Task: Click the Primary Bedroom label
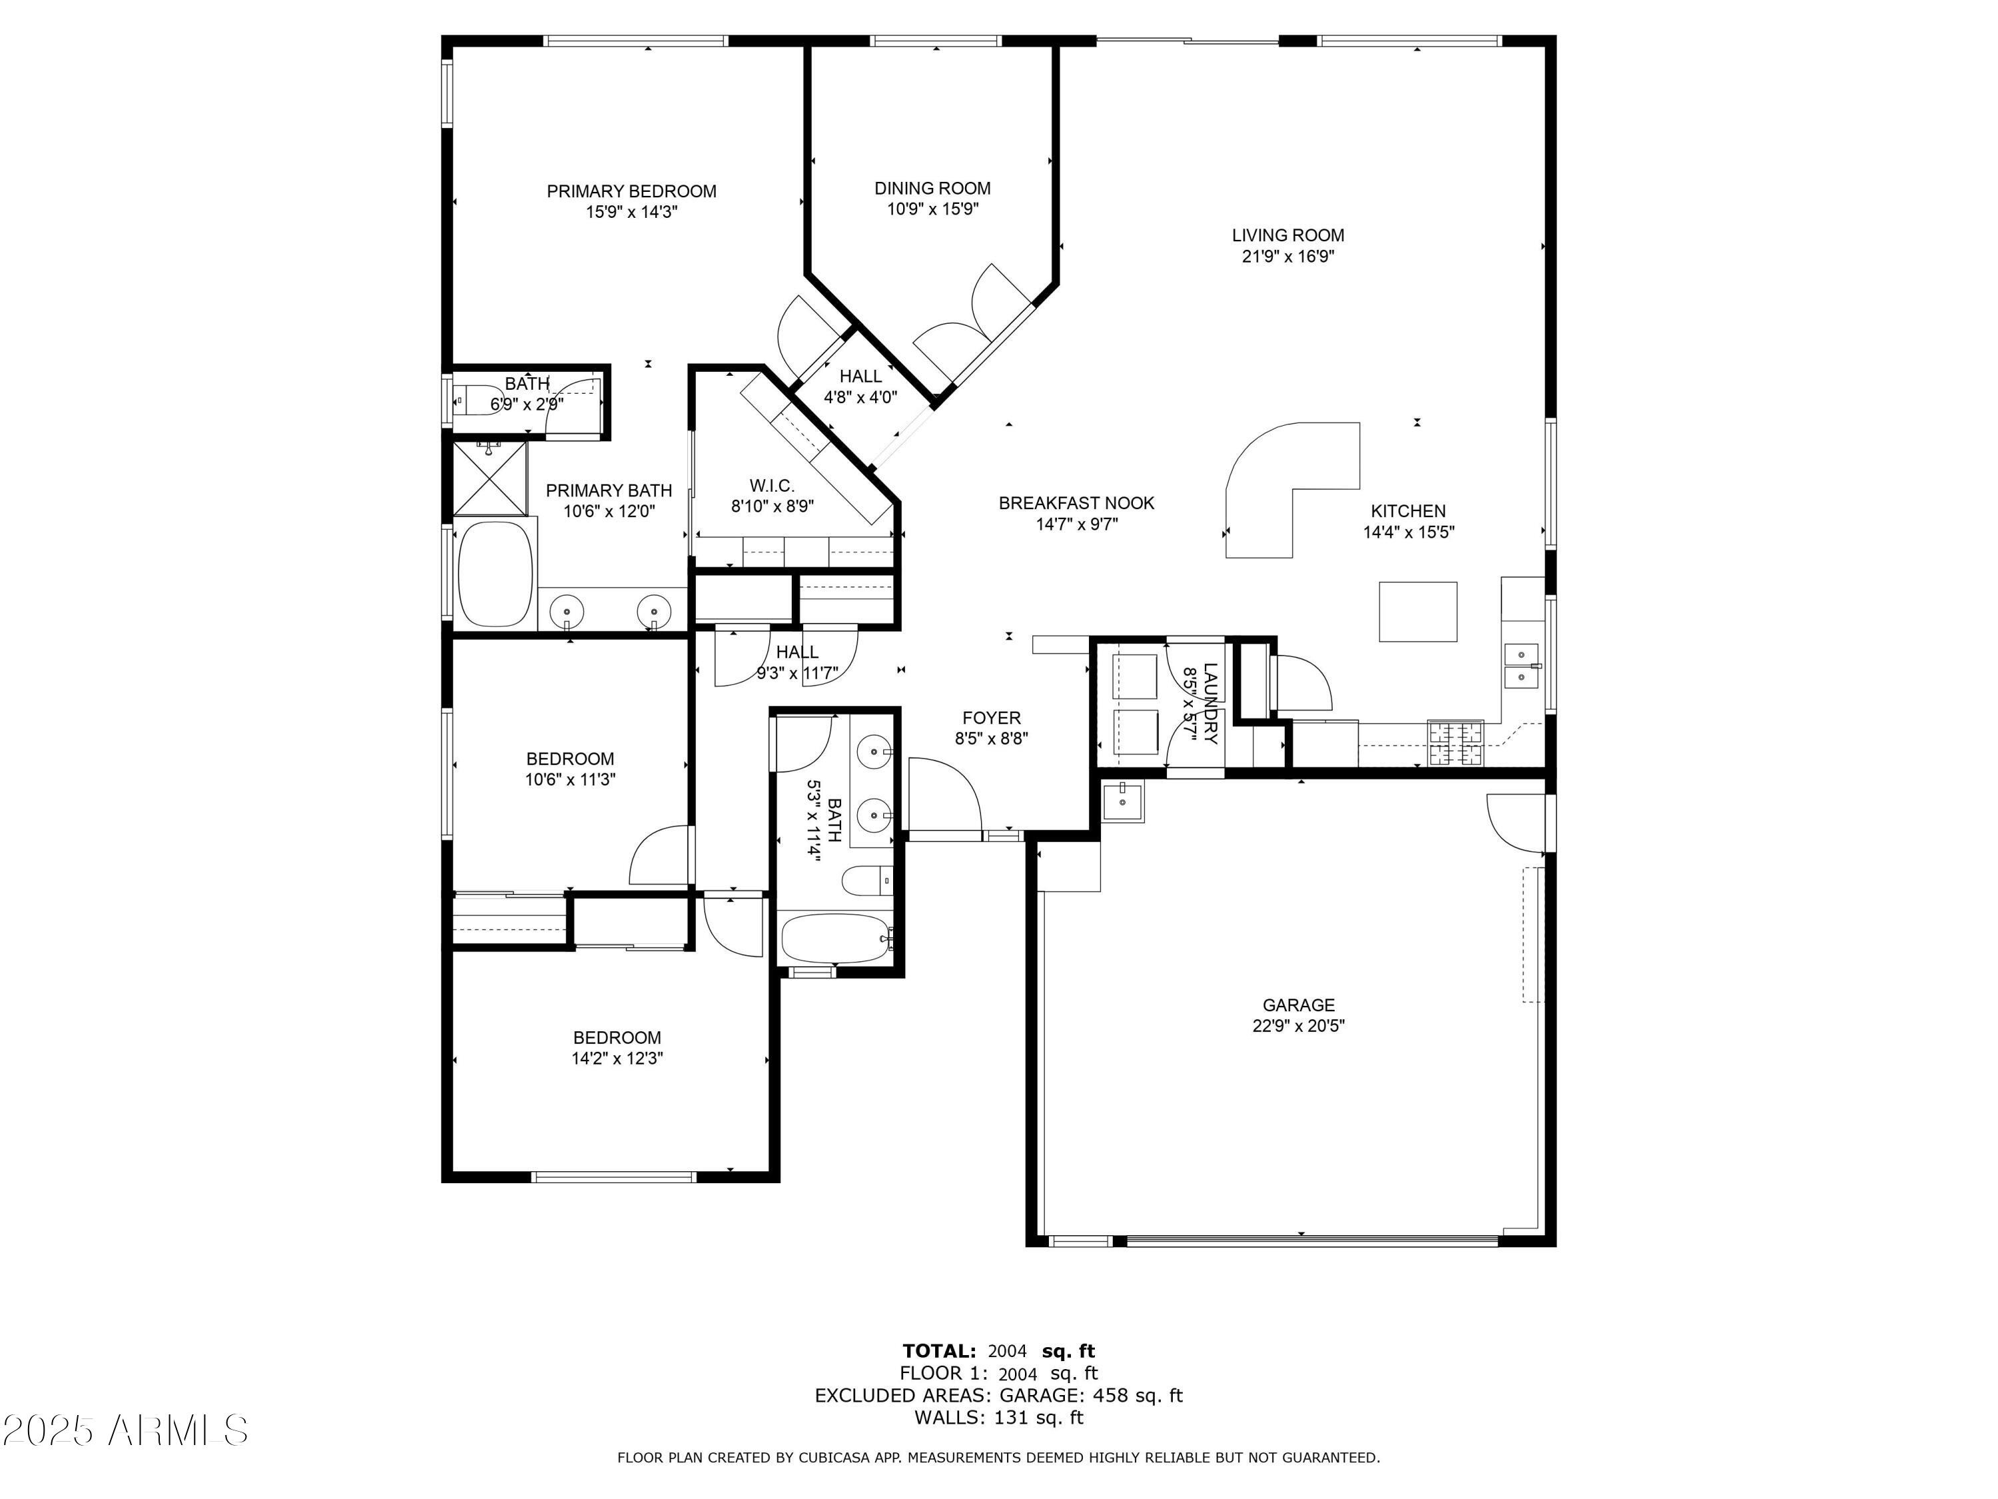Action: pos(631,192)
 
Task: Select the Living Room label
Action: pos(1288,236)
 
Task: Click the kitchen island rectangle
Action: pos(1417,612)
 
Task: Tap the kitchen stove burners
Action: pos(1455,743)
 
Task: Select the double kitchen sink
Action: pos(1521,666)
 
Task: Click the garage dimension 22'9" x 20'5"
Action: pos(1299,1025)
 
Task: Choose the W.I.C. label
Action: pos(773,486)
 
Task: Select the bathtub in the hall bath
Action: pos(836,939)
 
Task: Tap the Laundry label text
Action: pos(1210,704)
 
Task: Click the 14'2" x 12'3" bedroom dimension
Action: pos(618,1058)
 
